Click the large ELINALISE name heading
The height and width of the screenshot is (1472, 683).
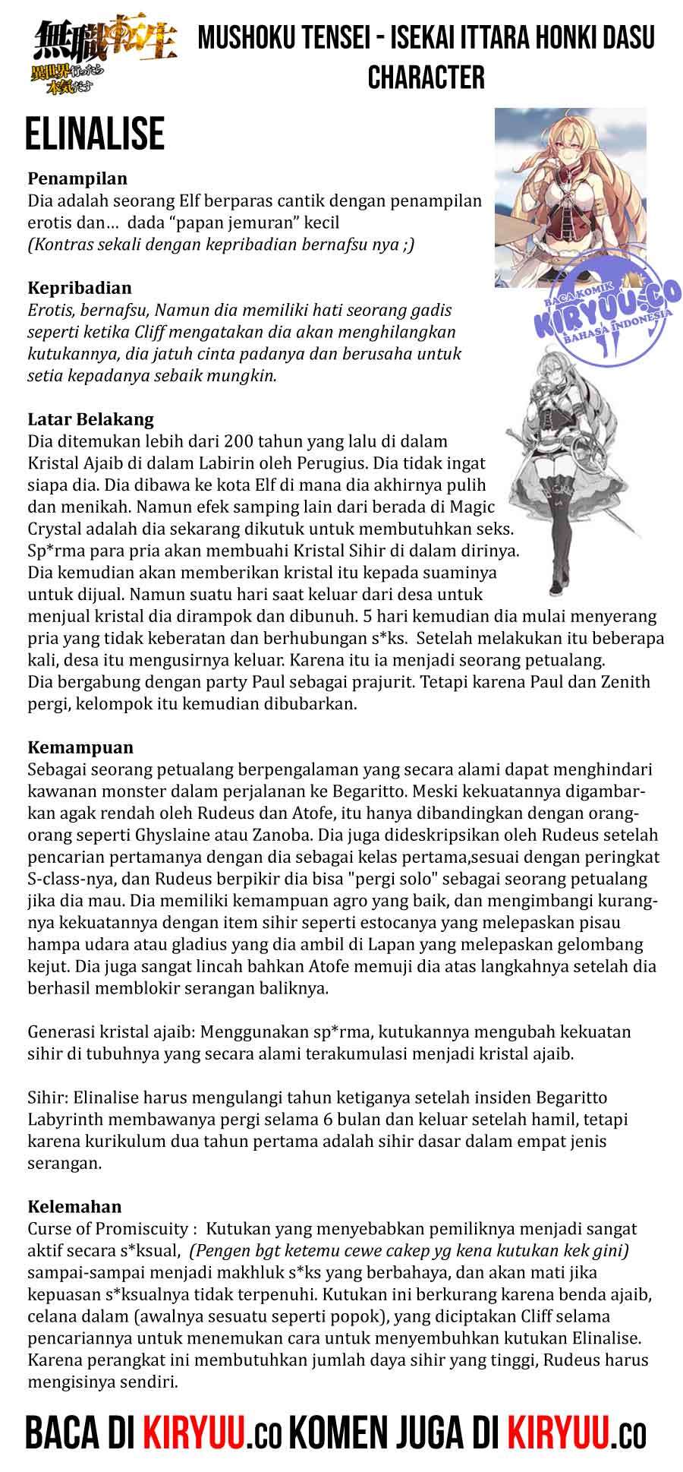[x=94, y=134]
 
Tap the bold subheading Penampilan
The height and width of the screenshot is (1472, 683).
[x=77, y=179]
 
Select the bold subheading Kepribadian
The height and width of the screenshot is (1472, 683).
[x=80, y=289]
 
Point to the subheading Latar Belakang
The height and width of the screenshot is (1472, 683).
[x=91, y=419]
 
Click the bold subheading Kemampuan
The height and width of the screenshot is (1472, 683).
[x=80, y=747]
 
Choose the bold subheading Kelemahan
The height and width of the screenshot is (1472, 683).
[x=74, y=1206]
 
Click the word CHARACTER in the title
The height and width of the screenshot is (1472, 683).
[x=426, y=77]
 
